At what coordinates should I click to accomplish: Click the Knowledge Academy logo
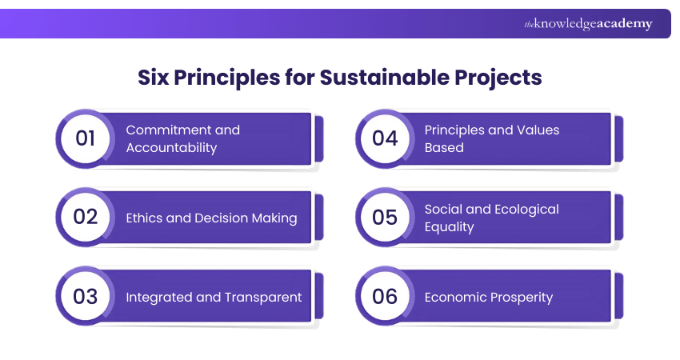coord(588,24)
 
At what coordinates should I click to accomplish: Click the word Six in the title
coord(155,78)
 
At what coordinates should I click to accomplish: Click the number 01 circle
coord(86,138)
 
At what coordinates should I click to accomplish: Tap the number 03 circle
coord(86,297)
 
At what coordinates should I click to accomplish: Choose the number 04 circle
coord(385,138)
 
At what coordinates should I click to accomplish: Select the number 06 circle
coord(385,297)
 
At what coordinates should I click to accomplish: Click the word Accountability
coord(171,147)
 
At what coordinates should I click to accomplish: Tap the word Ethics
coord(145,218)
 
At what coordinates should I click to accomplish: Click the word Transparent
coord(264,297)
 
